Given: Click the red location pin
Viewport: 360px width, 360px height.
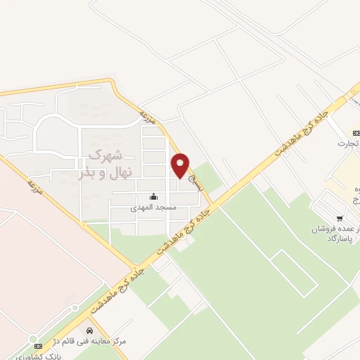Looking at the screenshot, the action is pyautogui.click(x=181, y=165).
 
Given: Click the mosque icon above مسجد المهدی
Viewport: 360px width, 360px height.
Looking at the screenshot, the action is pyautogui.click(x=153, y=196).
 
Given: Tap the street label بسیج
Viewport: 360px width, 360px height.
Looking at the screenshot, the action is pyautogui.click(x=198, y=184).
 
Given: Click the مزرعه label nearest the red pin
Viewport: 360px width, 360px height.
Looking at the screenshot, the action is pyautogui.click(x=146, y=118).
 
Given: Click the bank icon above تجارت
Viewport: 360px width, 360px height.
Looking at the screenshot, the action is pyautogui.click(x=356, y=132).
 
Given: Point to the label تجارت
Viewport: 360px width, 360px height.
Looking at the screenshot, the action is pyautogui.click(x=347, y=144).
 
